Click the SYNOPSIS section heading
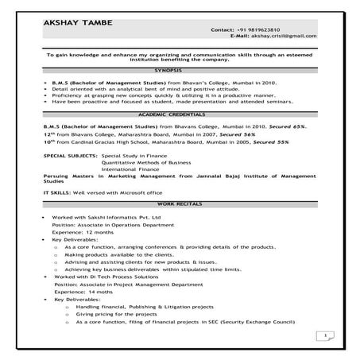pyautogui.click(x=179, y=71)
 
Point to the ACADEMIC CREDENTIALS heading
pyautogui.click(x=179, y=115)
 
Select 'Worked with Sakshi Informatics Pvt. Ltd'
pyautogui.click(x=106, y=216)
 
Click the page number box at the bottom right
pyautogui.click(x=327, y=336)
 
